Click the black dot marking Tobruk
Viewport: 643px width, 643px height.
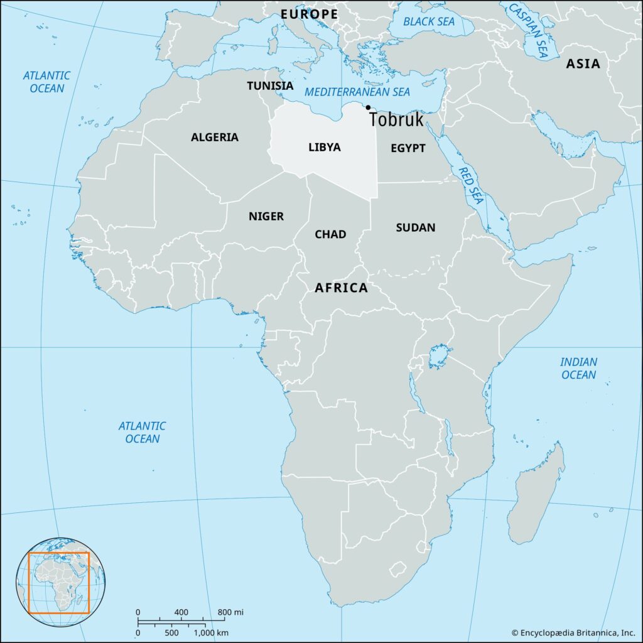(368, 107)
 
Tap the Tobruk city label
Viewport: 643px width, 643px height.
(396, 119)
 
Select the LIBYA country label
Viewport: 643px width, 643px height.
(325, 148)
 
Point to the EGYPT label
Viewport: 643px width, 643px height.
(408, 148)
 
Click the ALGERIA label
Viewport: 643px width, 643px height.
(215, 137)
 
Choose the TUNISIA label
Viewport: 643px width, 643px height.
(270, 85)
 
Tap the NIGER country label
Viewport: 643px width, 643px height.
(266, 217)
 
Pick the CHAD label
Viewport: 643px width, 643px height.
(330, 234)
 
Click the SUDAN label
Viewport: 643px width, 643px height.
(416, 227)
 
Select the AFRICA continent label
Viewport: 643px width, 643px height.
(341, 288)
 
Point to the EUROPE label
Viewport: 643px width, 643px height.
(309, 14)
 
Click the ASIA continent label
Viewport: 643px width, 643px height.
(583, 63)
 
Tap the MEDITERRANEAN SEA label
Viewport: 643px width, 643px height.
(357, 92)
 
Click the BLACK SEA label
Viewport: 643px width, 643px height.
(429, 22)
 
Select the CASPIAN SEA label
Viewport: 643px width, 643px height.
(527, 28)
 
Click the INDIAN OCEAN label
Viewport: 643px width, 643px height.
(579, 369)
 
